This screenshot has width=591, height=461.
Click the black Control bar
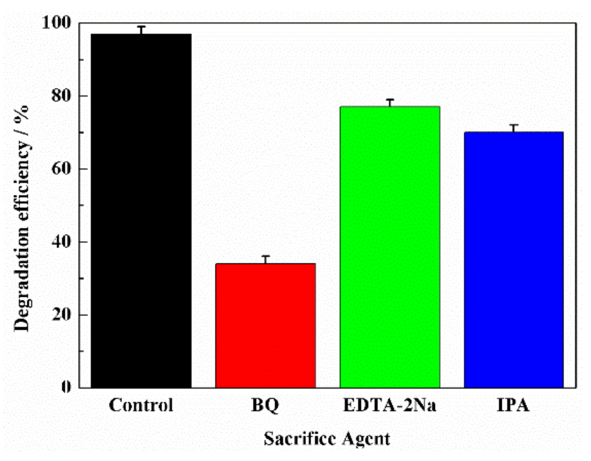[x=141, y=210]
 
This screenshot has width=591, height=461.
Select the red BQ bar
[x=265, y=326]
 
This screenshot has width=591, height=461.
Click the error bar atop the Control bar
[x=141, y=30]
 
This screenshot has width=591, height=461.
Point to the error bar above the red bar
[x=266, y=260]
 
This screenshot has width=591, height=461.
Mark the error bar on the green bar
[x=390, y=103]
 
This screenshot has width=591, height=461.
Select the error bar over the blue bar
[x=514, y=128]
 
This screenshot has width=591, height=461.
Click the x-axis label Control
[x=141, y=405]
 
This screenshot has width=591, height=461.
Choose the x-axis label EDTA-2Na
[x=390, y=405]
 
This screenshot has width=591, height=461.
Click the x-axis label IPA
[x=513, y=405]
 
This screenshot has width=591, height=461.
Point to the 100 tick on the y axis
[x=56, y=23]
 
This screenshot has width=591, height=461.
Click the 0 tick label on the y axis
[x=66, y=387]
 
